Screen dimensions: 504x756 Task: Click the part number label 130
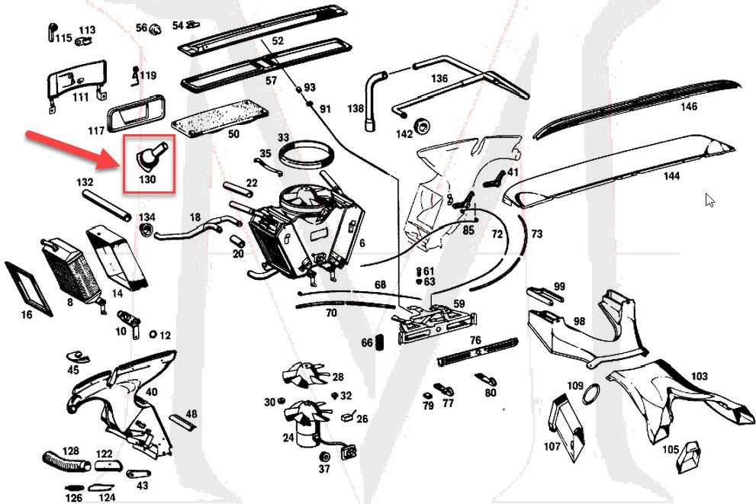pos(147,180)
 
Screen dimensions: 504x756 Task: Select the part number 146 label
pos(688,107)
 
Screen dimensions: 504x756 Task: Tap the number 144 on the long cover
pos(671,176)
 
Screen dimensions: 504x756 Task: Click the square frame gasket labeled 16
pos(28,287)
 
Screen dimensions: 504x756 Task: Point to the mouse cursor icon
pos(709,200)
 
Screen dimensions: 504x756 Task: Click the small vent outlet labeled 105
pos(692,455)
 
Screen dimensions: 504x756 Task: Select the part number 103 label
pos(699,376)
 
